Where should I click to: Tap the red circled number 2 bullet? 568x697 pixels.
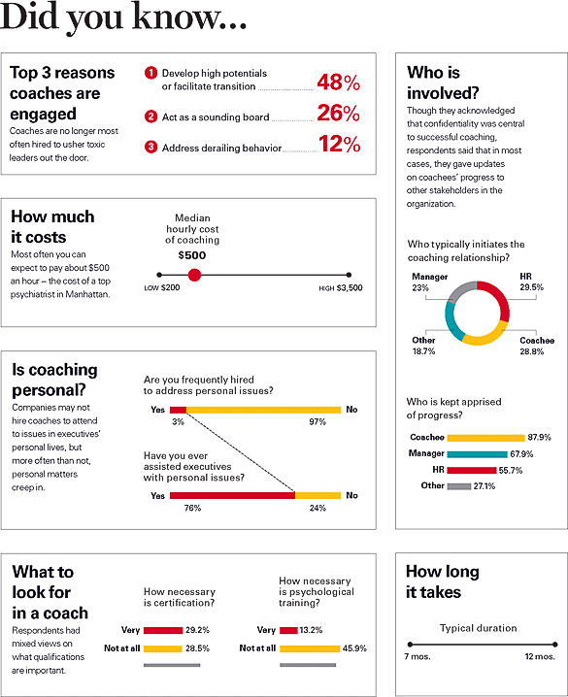click(150, 116)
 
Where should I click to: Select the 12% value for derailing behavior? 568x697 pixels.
click(338, 145)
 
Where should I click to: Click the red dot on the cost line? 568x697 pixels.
click(194, 275)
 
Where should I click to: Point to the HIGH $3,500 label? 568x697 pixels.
click(341, 289)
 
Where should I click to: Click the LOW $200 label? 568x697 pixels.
click(162, 289)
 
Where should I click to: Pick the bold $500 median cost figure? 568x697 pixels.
click(193, 255)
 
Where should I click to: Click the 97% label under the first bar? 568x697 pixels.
click(317, 423)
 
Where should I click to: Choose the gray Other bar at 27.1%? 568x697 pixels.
click(458, 485)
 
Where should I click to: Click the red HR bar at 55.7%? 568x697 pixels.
click(471, 470)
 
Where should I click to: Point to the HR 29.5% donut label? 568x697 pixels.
click(530, 282)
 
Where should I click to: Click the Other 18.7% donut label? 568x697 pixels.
click(425, 346)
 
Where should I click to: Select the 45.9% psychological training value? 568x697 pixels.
click(354, 647)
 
